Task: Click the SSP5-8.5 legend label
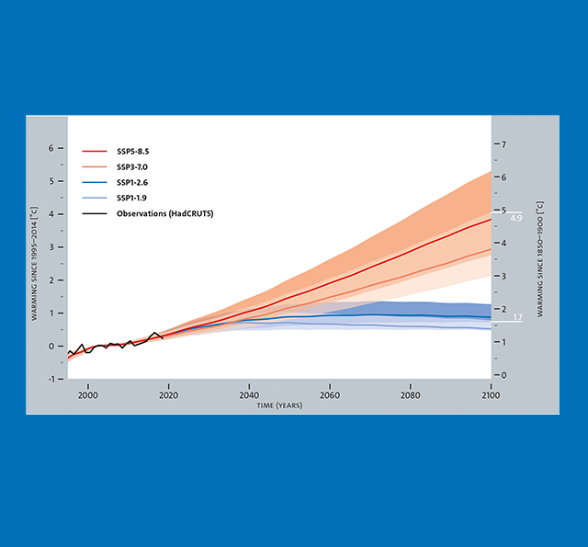(x=133, y=151)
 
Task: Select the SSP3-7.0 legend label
(x=133, y=166)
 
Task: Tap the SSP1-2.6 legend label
(x=133, y=182)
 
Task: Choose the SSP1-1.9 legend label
(x=133, y=198)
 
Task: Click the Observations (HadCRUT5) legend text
(x=158, y=213)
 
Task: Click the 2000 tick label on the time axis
(x=88, y=395)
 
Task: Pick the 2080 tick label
(x=410, y=395)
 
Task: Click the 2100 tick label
(x=490, y=395)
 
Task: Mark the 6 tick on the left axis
(x=51, y=148)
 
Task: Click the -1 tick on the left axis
(x=51, y=380)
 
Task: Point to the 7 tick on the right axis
(x=502, y=144)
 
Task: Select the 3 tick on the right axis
(x=502, y=276)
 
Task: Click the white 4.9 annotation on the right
(x=515, y=219)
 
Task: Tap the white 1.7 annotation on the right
(x=515, y=317)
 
